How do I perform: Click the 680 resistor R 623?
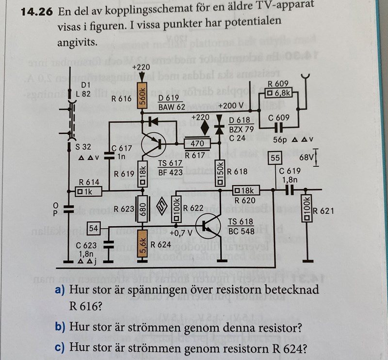click(142, 209)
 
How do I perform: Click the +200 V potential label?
click(231, 105)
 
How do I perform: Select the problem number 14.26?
click(37, 12)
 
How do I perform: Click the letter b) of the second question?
click(60, 327)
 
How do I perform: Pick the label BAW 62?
click(172, 107)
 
